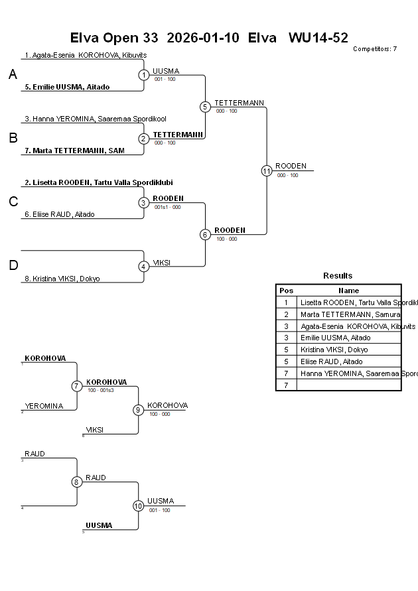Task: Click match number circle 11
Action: click(267, 170)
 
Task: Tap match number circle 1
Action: click(144, 75)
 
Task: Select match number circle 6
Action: click(205, 234)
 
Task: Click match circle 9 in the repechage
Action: click(138, 410)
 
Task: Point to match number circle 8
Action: click(77, 482)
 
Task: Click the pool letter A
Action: click(13, 75)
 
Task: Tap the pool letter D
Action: click(13, 266)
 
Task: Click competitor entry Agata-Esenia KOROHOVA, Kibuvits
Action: click(86, 55)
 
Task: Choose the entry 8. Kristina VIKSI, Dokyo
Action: click(62, 279)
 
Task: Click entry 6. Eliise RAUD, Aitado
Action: click(60, 214)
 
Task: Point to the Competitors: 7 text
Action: click(375, 48)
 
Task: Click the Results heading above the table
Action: click(338, 275)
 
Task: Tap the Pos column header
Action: click(286, 291)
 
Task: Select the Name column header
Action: click(348, 291)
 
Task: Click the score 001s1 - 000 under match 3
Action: click(167, 207)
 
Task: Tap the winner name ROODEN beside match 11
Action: click(291, 166)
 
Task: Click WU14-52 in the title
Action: click(318, 38)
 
